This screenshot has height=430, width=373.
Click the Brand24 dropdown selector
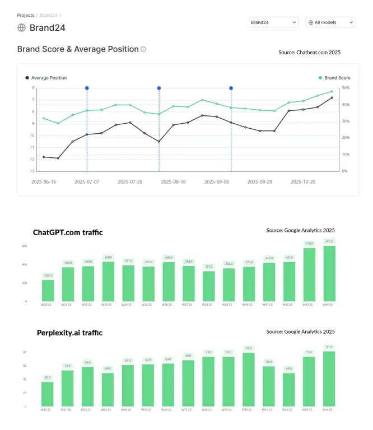pyautogui.click(x=273, y=22)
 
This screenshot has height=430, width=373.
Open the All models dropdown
pyautogui.click(x=330, y=22)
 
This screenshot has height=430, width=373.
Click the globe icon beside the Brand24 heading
pyautogui.click(x=22, y=27)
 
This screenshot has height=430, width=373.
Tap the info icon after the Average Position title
pyautogui.click(x=143, y=49)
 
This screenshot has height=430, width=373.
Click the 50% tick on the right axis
pyautogui.click(x=346, y=88)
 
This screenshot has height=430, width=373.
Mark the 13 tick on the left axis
pyautogui.click(x=32, y=171)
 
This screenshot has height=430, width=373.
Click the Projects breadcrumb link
pyautogui.click(x=25, y=16)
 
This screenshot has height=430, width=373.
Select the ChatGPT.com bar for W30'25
pyautogui.click(x=48, y=290)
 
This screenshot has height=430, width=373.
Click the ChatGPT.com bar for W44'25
pyautogui.click(x=329, y=273)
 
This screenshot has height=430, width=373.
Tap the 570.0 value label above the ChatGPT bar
pyautogui.click(x=309, y=244)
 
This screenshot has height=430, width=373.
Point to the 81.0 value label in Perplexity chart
pyautogui.click(x=329, y=347)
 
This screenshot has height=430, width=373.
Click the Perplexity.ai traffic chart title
pyautogui.click(x=69, y=333)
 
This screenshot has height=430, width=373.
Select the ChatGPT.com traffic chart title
pyautogui.click(x=67, y=232)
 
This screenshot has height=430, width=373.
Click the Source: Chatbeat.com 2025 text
pyautogui.click(x=309, y=52)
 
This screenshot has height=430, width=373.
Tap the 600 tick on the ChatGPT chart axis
pyautogui.click(x=25, y=246)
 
